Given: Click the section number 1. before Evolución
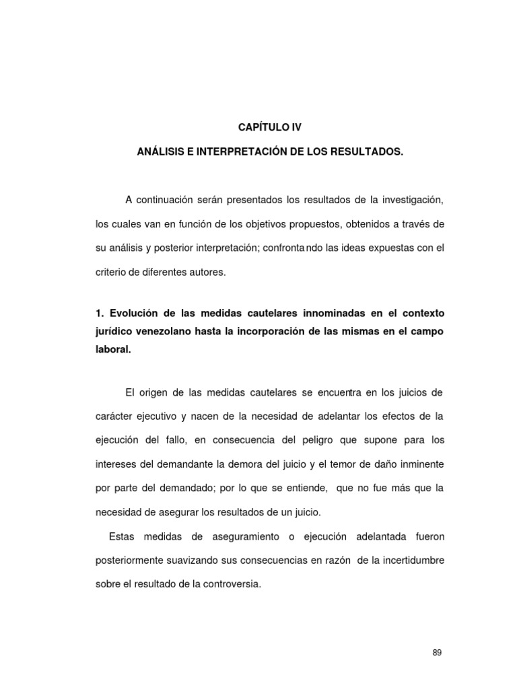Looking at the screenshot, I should tap(100, 314).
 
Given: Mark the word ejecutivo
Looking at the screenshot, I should tap(156, 416).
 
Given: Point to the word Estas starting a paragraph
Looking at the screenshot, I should tap(121, 537).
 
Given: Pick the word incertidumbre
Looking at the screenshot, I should tap(406, 561).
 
